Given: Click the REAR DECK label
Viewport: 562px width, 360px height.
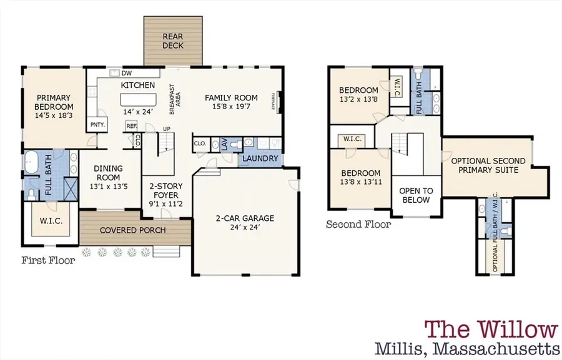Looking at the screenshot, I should (173, 41).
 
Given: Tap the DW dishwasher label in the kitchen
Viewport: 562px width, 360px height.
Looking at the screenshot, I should (126, 73).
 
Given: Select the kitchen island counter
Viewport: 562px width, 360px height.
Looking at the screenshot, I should (137, 100).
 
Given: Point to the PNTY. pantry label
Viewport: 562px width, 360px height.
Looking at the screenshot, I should (97, 125).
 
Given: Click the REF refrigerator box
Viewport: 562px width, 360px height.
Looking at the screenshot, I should (132, 125).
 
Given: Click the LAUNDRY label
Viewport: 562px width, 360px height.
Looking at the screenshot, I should (260, 158).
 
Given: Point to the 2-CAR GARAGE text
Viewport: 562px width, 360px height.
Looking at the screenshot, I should (245, 218).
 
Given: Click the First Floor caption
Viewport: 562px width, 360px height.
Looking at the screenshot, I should (48, 260).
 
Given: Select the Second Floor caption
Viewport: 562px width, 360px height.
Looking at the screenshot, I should (358, 224).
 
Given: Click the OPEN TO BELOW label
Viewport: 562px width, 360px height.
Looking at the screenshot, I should (415, 195).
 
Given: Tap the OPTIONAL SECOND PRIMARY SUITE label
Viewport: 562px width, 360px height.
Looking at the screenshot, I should (488, 165).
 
